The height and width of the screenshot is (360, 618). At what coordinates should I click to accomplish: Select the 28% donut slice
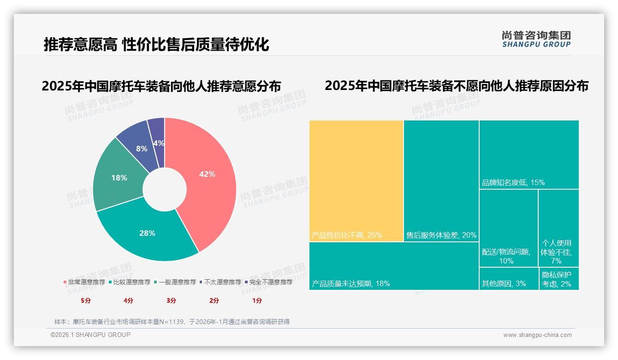point(148,233)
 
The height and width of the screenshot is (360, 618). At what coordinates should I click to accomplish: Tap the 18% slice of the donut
point(119,178)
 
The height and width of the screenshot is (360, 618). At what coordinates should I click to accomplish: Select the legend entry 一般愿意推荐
point(178,282)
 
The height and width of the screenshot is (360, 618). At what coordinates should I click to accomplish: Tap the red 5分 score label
point(86,300)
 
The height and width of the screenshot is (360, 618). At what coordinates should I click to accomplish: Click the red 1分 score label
point(257,300)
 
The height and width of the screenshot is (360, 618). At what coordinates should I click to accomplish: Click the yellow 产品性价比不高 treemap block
point(356,180)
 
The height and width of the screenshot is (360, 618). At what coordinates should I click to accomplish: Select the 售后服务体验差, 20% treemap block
point(441,180)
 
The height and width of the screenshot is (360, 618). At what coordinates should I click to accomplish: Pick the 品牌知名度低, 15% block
point(529,154)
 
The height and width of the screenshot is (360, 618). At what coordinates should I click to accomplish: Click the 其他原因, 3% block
point(508,279)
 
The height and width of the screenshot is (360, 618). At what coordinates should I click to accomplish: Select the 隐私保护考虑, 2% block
point(559,279)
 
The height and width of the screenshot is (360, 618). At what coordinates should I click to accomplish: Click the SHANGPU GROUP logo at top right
point(536,39)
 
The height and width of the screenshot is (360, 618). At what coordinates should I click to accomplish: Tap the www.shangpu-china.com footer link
point(537,335)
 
